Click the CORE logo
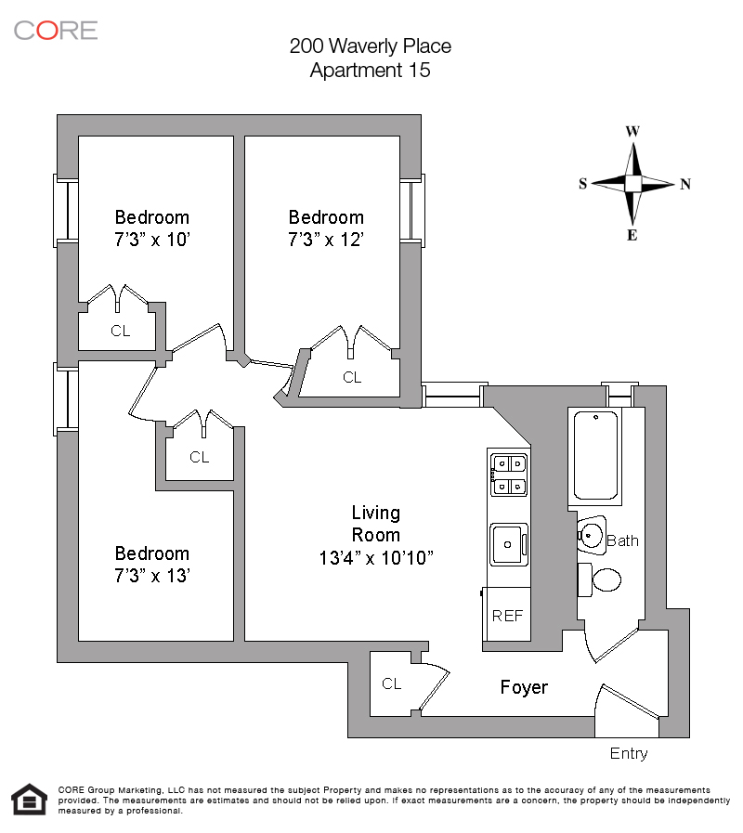(56, 30)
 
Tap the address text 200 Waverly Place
(370, 46)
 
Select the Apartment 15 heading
(370, 70)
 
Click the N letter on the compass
(685, 184)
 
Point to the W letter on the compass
(632, 131)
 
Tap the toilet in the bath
(605, 580)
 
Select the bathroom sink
(592, 534)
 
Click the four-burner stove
(508, 473)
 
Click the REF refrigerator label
(507, 615)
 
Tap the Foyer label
(524, 687)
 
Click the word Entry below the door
(629, 753)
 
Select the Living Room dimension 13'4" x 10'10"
(376, 558)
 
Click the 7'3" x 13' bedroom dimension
(152, 576)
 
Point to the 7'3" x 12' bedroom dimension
(325, 241)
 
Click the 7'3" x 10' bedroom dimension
(152, 241)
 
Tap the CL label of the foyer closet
(392, 683)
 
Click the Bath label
(622, 540)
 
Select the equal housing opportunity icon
(29, 799)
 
